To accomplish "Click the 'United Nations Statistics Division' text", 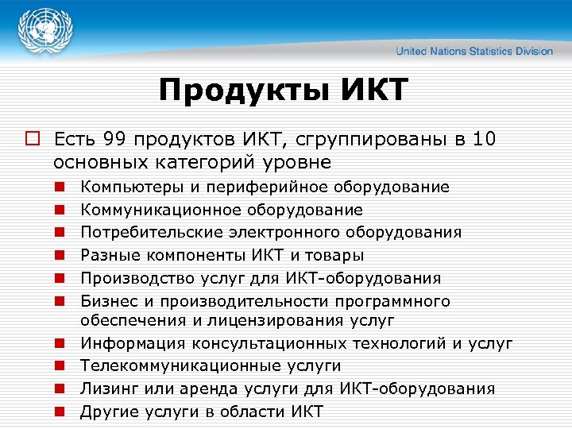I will tap(474, 51).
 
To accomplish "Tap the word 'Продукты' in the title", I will tap(238, 91).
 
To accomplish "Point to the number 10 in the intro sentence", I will tap(485, 141).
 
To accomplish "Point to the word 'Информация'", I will tap(128, 343).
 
